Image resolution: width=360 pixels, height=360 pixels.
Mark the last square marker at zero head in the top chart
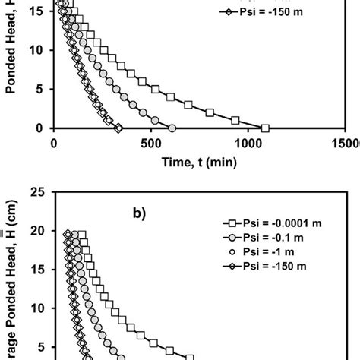click(266, 128)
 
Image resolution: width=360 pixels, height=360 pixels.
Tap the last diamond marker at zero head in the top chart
click(118, 128)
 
